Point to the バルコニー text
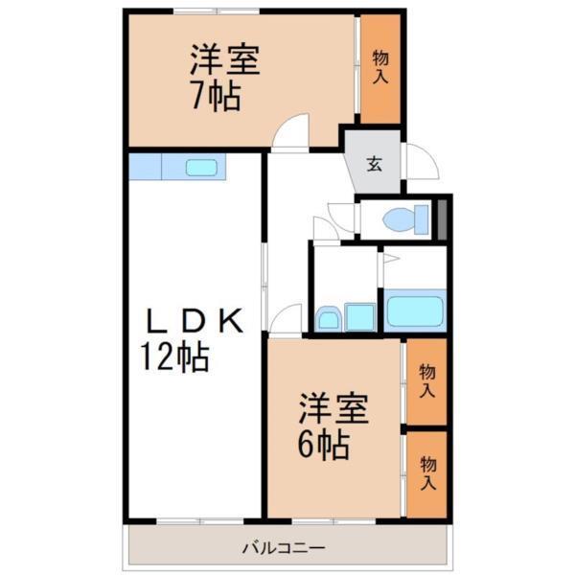click(x=284, y=549)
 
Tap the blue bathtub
click(x=415, y=311)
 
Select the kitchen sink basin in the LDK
click(x=202, y=168)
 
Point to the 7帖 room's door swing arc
click(x=290, y=134)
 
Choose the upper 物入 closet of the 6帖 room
click(x=426, y=381)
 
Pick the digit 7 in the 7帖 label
click(x=200, y=97)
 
